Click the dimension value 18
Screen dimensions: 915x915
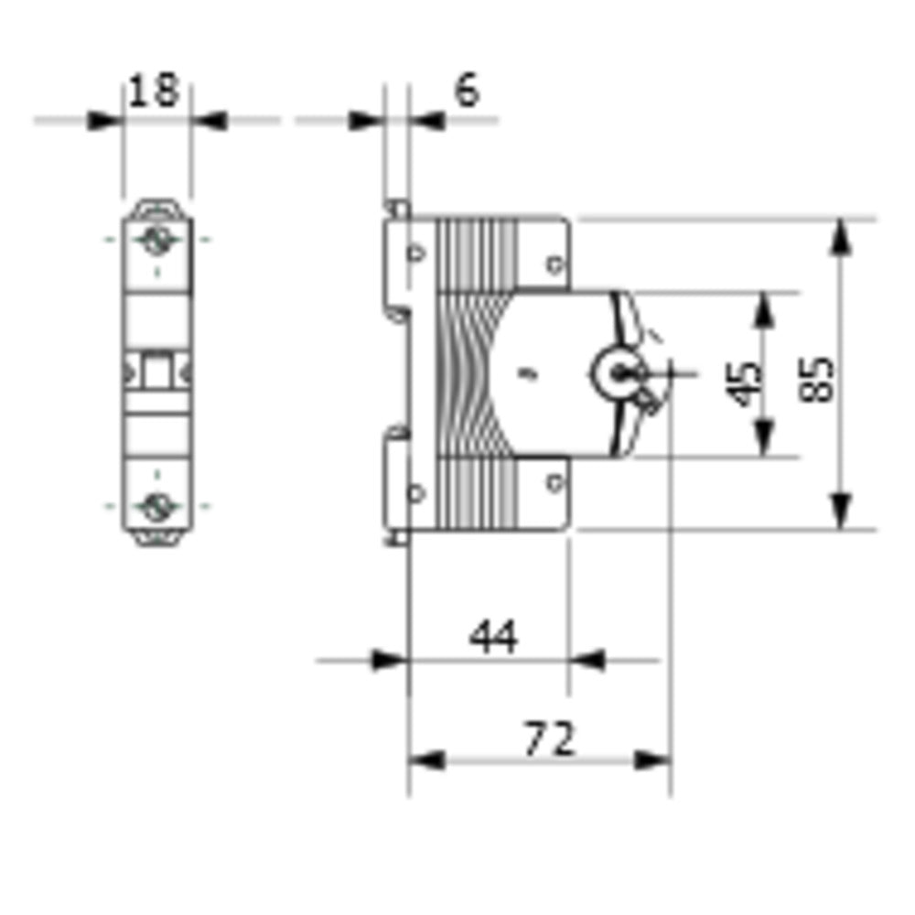(x=155, y=92)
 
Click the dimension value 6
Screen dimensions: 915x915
(x=467, y=91)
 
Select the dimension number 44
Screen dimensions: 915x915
(x=494, y=636)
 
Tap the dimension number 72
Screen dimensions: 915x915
(x=549, y=738)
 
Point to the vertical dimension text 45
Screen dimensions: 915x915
(x=747, y=382)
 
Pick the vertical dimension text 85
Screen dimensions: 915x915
(x=819, y=377)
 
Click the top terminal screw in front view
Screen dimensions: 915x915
(x=156, y=242)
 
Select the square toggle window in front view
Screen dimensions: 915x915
(x=156, y=372)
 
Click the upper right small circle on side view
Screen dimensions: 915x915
(x=554, y=265)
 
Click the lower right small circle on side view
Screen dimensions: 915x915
(x=554, y=482)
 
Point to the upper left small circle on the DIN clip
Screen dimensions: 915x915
(x=416, y=253)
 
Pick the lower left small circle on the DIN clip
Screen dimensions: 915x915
(x=416, y=493)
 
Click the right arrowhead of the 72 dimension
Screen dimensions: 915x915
(x=653, y=759)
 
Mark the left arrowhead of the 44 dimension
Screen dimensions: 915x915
(x=389, y=660)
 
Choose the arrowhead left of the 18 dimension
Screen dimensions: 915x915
(x=105, y=120)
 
